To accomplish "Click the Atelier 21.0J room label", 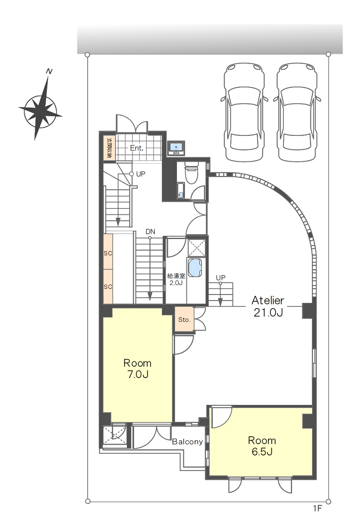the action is pyautogui.click(x=268, y=306).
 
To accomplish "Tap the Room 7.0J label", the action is pyautogui.click(x=137, y=369).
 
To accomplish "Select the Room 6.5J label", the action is pyautogui.click(x=262, y=445).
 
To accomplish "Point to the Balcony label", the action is pyautogui.click(x=187, y=442).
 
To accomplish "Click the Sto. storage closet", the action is pyautogui.click(x=184, y=319).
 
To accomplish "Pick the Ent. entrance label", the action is pyautogui.click(x=137, y=148).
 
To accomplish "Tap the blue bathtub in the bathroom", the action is pyautogui.click(x=195, y=268).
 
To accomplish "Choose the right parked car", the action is pyautogui.click(x=297, y=112).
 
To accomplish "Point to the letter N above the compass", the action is pyautogui.click(x=49, y=72).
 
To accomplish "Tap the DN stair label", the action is pyautogui.click(x=151, y=232).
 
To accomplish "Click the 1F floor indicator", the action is pyautogui.click(x=318, y=508).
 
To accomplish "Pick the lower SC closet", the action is pyautogui.click(x=108, y=286).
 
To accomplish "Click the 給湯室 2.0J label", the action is pyautogui.click(x=176, y=279).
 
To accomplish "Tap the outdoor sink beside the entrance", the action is pyautogui.click(x=176, y=149).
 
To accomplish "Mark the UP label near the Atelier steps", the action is pyautogui.click(x=221, y=277).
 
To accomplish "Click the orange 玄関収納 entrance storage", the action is pyautogui.click(x=109, y=148).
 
